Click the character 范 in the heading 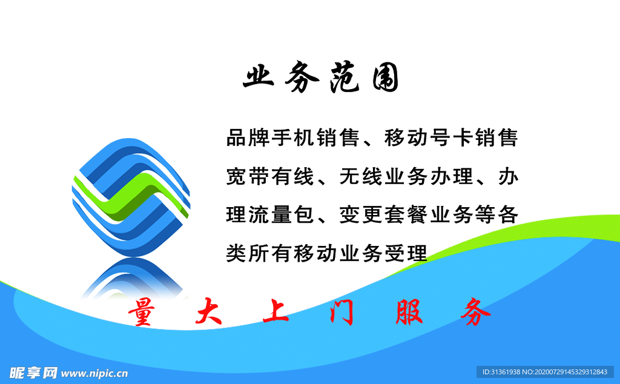(x=344, y=79)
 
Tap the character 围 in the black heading (x=385, y=79)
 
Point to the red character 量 (x=141, y=313)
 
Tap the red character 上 (x=276, y=313)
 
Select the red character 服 (x=409, y=313)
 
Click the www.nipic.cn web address (x=94, y=372)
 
